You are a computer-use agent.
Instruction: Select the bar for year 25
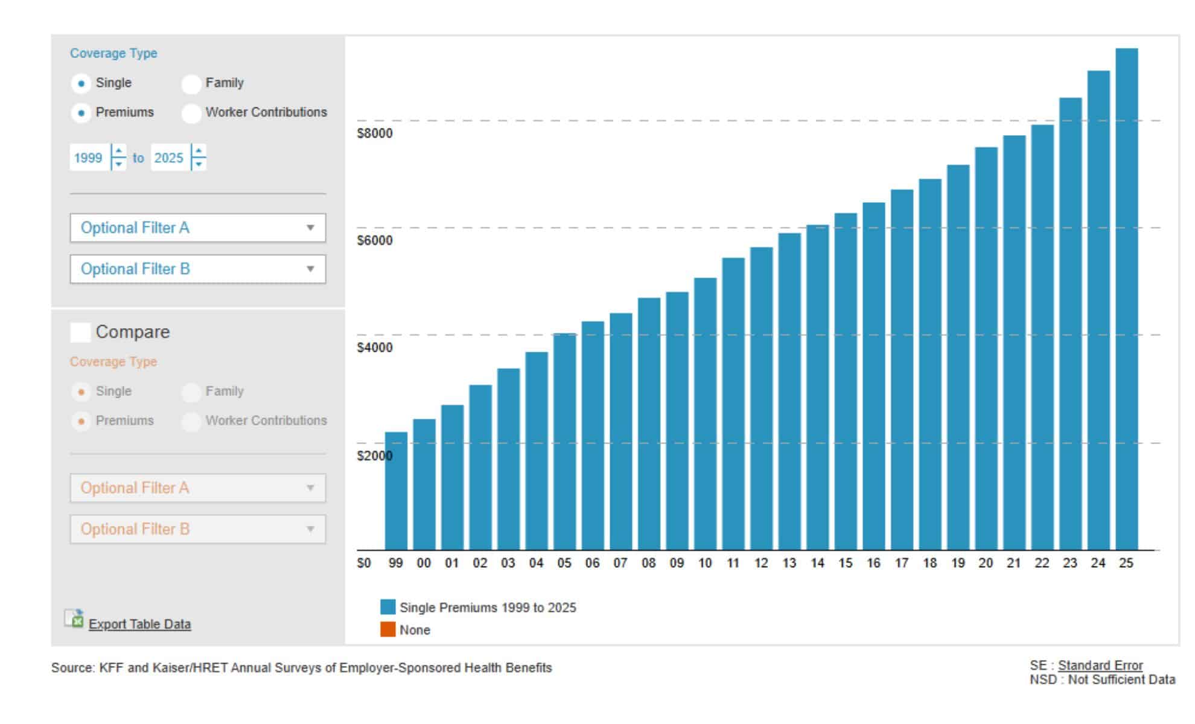(1126, 299)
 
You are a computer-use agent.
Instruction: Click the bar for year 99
(396, 491)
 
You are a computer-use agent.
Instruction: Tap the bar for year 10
(705, 414)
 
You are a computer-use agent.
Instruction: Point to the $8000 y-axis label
(374, 133)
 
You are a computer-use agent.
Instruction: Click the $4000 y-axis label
(374, 348)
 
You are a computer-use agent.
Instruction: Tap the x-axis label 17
(901, 563)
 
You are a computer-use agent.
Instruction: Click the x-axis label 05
(564, 563)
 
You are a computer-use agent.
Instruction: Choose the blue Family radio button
(191, 84)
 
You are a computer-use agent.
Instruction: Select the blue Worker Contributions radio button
(191, 113)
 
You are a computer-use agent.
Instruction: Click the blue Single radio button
(81, 84)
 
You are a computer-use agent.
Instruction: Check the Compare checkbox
(80, 332)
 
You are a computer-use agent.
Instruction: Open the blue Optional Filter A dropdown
(198, 228)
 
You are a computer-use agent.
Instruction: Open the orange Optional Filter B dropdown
(198, 529)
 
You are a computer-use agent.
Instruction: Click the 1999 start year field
(89, 158)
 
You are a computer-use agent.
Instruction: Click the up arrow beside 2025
(199, 151)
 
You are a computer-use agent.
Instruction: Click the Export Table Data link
(139, 624)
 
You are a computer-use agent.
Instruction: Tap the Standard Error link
(1100, 665)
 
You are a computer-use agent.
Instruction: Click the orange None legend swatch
(388, 629)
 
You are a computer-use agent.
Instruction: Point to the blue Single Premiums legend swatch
(388, 607)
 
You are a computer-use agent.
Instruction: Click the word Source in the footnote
(73, 668)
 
